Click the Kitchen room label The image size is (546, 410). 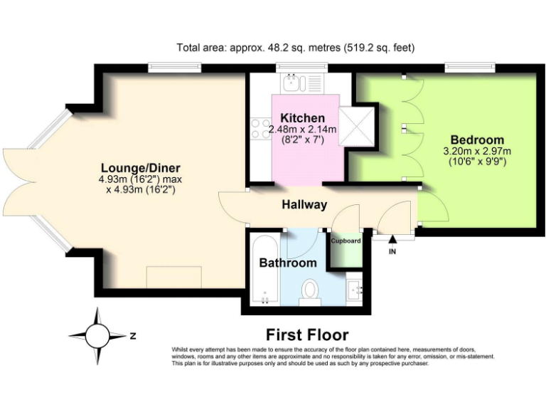(302, 118)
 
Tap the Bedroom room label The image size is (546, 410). (477, 140)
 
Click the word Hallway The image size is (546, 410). (304, 205)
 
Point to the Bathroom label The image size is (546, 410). (287, 263)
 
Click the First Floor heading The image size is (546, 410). (307, 335)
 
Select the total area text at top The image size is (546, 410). (295, 48)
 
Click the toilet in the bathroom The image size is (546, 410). (310, 291)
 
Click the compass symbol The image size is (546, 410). (97, 333)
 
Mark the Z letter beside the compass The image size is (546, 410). (132, 333)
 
